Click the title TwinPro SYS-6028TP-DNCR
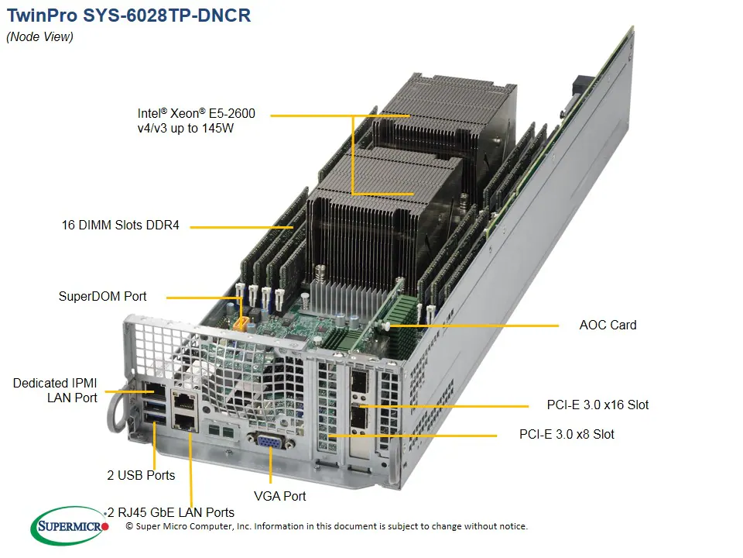click(x=128, y=15)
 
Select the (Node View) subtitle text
click(x=39, y=37)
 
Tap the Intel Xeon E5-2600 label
click(x=195, y=121)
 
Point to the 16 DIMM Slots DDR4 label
click(x=120, y=226)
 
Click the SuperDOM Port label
click(x=102, y=296)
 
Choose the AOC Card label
click(x=608, y=325)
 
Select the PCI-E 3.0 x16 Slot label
click(x=597, y=405)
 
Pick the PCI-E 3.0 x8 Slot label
click(x=567, y=434)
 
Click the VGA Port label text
click(x=279, y=496)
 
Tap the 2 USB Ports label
click(x=141, y=475)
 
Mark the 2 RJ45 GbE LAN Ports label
click(x=172, y=512)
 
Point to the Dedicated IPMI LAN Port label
click(x=55, y=391)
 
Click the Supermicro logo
click(x=70, y=528)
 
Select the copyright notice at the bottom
click(x=326, y=526)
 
